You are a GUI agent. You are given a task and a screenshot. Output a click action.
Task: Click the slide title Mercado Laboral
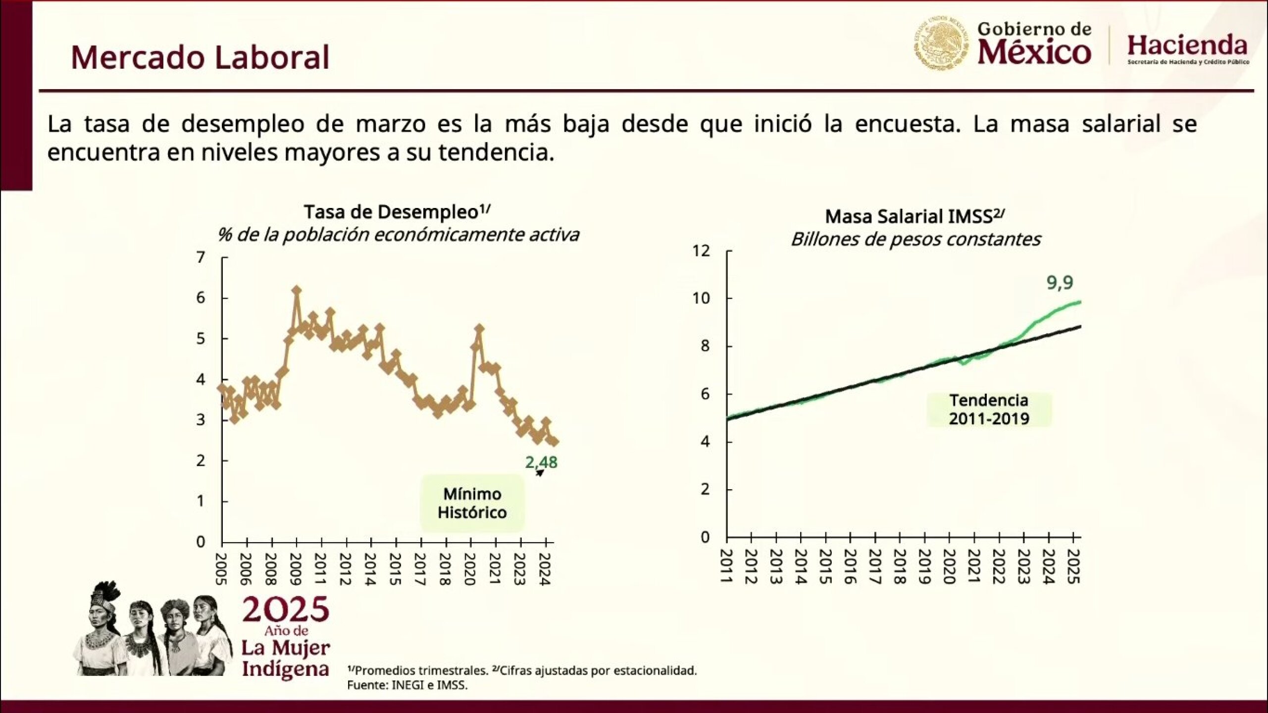[x=200, y=57]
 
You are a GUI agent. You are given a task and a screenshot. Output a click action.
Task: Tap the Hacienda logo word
[x=1187, y=46]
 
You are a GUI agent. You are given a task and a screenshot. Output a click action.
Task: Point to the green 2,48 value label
[x=541, y=462]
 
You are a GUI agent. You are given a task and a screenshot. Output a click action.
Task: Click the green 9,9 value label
[x=1060, y=283]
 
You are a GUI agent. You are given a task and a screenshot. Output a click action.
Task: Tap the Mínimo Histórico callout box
[x=472, y=503]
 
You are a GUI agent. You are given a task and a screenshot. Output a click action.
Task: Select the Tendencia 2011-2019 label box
[x=989, y=409]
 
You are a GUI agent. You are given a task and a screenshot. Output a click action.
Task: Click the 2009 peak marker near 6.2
[x=297, y=290]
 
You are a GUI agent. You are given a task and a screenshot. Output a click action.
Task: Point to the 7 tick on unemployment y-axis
[x=201, y=257]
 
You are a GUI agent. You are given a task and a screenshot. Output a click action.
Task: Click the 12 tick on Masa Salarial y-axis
[x=701, y=251]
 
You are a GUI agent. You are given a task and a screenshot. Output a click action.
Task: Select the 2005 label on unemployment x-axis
[x=222, y=569]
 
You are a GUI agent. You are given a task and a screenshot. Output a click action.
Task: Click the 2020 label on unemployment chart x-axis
[x=470, y=569]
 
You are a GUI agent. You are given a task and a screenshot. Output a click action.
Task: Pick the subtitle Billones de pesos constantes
[x=915, y=239]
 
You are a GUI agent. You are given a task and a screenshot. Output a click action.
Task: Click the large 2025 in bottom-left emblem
[x=286, y=610]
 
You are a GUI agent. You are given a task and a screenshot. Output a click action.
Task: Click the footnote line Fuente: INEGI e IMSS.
[x=407, y=685]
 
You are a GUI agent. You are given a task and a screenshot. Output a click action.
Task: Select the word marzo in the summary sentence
[x=391, y=124]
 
